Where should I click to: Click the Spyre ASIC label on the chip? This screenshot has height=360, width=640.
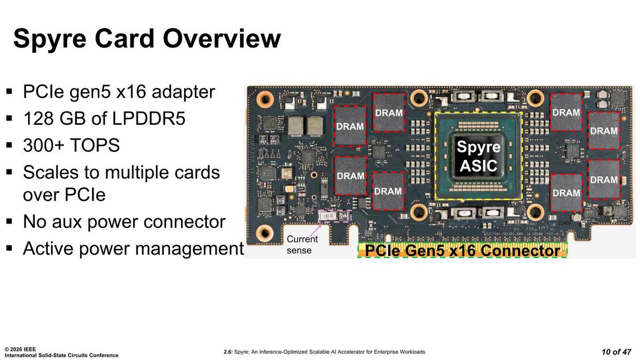point(478,156)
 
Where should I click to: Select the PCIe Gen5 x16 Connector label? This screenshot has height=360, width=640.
point(462,251)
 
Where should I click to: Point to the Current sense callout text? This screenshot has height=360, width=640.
point(302,245)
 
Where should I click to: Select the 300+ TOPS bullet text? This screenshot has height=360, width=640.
point(71,145)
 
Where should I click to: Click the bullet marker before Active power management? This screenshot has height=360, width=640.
point(9,249)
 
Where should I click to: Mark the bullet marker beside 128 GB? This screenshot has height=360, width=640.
point(9,118)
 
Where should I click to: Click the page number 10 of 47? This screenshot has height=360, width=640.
point(616,351)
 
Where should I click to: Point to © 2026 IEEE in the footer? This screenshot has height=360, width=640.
point(20,349)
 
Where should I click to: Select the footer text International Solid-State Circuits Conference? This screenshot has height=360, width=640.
point(61,355)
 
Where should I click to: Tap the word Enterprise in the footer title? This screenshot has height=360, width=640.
point(382,352)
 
